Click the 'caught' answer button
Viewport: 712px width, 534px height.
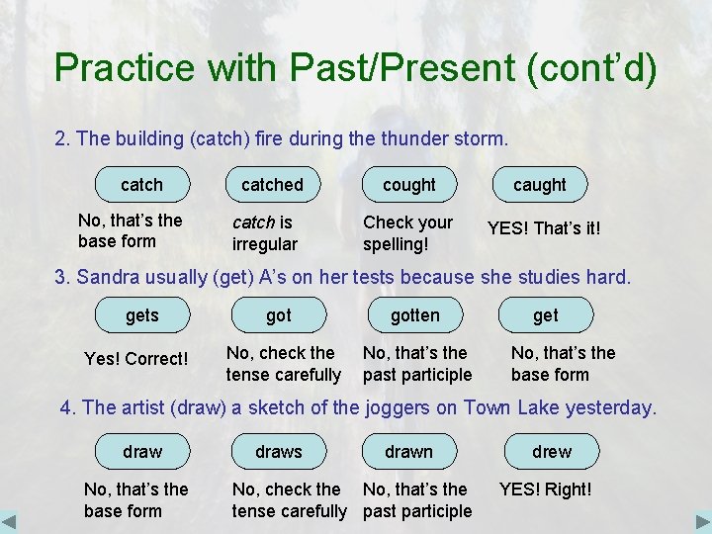coord(539,185)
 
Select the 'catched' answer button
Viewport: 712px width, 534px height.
coord(272,185)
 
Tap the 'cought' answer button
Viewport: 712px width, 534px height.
coord(408,185)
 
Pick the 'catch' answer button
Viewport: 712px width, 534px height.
coord(141,185)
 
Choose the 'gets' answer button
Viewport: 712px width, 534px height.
coord(141,315)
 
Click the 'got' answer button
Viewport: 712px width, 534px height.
coord(279,315)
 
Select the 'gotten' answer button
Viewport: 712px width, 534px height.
coord(414,315)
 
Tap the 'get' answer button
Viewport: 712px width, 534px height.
coord(545,315)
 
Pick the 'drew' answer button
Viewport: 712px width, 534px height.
coord(551,452)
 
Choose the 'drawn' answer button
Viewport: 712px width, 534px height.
coord(408,452)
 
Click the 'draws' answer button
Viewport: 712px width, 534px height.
coord(279,452)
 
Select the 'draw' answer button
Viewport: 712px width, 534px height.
coord(141,452)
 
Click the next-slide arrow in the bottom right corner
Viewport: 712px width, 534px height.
coord(702,521)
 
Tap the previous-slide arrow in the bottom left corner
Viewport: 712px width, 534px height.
coord(9,521)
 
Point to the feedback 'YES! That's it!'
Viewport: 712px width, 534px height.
coord(543,229)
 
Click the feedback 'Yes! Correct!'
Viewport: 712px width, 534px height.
coord(136,359)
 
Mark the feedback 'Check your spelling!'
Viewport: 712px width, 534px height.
coord(407,232)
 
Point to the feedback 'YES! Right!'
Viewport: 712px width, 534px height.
coord(545,489)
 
